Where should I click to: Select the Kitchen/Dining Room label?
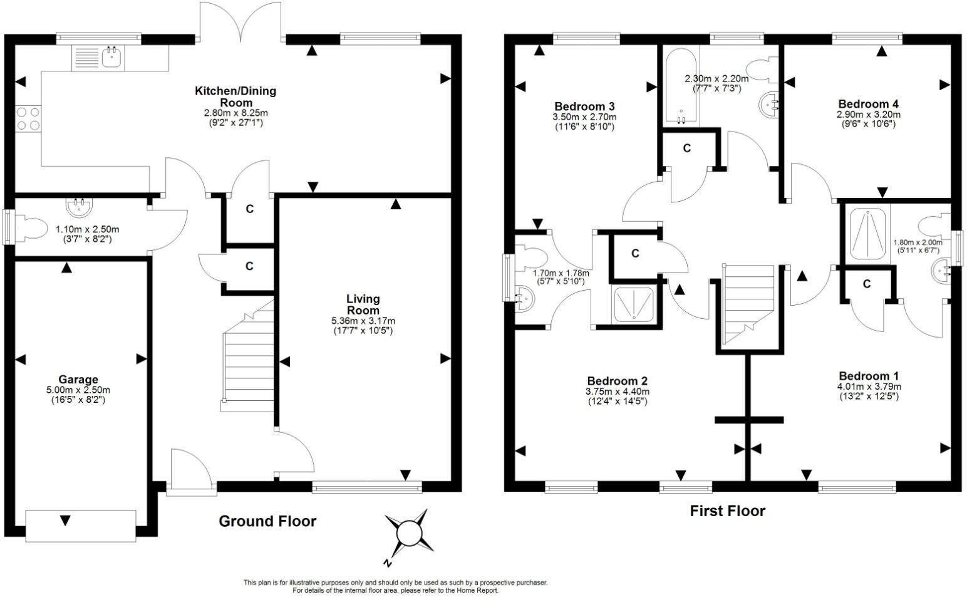(x=235, y=96)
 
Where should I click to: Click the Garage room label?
(x=78, y=379)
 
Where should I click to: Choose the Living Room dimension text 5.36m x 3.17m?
(x=363, y=321)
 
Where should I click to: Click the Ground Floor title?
(x=267, y=521)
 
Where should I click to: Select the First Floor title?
(x=727, y=511)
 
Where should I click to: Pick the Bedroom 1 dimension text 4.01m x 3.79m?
(x=869, y=387)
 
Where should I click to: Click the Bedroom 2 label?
(x=617, y=381)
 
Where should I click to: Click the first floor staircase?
(x=748, y=304)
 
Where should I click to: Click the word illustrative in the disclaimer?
(x=306, y=583)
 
